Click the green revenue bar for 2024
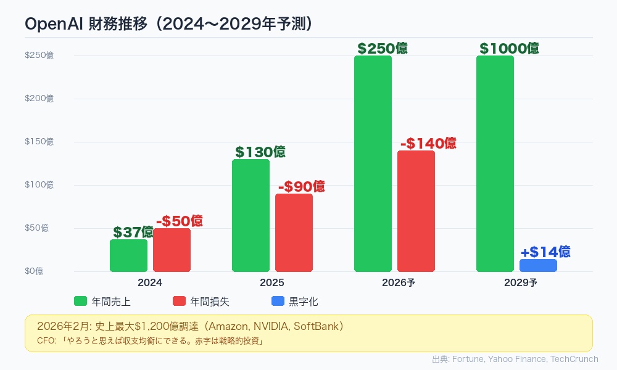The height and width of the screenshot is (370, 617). pos(128,255)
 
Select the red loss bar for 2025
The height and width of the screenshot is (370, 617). pos(294,232)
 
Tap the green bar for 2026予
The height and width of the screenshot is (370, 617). pos(373,163)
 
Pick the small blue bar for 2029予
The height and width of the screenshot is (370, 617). pos(538,265)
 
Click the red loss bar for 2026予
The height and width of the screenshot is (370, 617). pos(416,211)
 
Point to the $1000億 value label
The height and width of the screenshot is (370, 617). pos(509,48)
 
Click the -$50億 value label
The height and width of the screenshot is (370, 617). pos(179,221)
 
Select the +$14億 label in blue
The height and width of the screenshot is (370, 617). pos(545,252)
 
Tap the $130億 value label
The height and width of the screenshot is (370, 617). pos(260,152)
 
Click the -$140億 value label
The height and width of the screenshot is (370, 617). pos(428,143)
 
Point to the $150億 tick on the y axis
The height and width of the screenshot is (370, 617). pos(39,142)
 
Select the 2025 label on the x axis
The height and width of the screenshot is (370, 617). pos(272,283)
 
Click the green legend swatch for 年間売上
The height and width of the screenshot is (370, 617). pos(80,302)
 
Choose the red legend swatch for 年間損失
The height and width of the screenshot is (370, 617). pos(179,302)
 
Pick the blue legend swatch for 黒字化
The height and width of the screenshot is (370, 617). pos(278,302)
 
